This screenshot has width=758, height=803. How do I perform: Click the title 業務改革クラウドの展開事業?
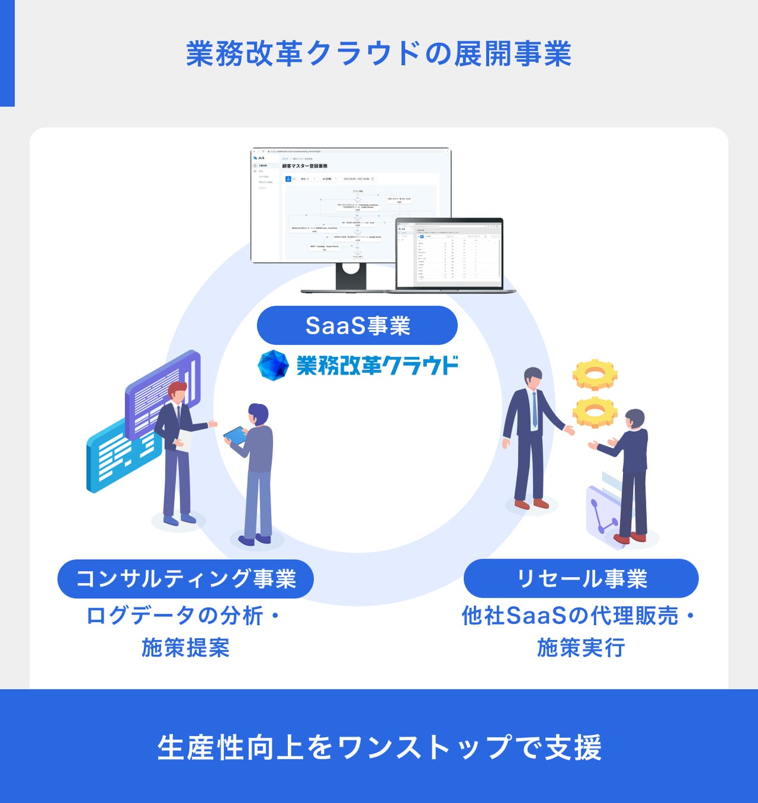point(379,54)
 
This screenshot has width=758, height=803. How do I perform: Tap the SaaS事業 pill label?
point(357,325)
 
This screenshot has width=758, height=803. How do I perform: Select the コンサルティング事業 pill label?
point(185,579)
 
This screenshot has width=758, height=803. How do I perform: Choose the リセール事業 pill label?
point(581,579)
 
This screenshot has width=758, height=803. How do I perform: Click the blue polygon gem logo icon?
point(273,365)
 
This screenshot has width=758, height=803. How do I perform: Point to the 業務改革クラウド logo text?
point(377,365)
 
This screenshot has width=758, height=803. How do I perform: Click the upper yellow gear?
point(595,375)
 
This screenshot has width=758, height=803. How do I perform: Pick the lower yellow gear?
point(595,412)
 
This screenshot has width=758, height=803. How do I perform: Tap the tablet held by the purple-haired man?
point(235,435)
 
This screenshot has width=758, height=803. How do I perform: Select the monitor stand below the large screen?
point(351,277)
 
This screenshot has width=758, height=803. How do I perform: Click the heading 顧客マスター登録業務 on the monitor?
point(305,166)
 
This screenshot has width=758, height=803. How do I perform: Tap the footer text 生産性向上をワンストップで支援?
point(379,747)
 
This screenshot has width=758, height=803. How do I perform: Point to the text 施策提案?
point(185,648)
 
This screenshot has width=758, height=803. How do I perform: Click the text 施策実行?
point(581,648)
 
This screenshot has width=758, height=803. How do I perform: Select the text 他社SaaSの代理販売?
point(570,616)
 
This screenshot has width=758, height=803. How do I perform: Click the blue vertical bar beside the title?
point(7,54)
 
